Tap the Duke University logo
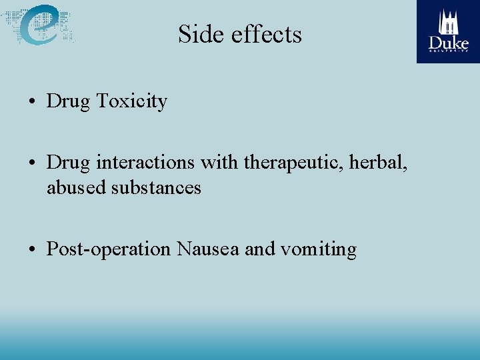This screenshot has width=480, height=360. tap(448, 31)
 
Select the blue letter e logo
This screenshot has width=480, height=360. tap(39, 25)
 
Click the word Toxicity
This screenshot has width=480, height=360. tap(131, 101)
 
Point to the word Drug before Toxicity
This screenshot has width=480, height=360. tap(69, 101)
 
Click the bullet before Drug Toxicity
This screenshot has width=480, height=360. tap(32, 103)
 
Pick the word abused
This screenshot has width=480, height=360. tap(75, 188)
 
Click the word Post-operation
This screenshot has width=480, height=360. tap(109, 250)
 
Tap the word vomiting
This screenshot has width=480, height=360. tap(319, 250)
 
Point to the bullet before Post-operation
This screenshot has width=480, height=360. tap(32, 251)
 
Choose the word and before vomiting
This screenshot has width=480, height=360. tap(260, 249)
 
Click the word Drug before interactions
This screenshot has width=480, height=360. tap(69, 163)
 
